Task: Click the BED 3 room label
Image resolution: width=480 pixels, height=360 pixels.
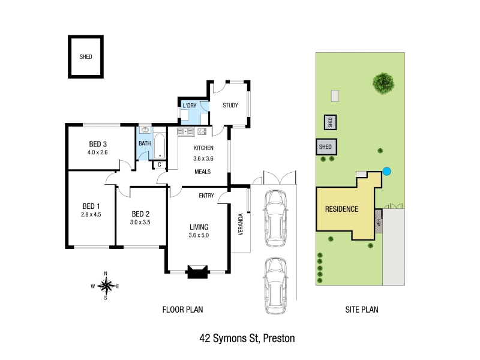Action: click(98, 144)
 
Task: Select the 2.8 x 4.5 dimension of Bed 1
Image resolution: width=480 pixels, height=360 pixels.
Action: click(91, 215)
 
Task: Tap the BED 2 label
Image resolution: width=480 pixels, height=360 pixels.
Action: click(140, 214)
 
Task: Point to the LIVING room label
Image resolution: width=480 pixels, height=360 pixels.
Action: click(199, 227)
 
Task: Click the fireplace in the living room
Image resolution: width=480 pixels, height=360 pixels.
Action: click(197, 272)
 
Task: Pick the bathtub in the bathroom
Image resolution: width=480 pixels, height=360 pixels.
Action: click(159, 146)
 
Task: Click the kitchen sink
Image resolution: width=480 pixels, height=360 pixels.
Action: click(185, 131)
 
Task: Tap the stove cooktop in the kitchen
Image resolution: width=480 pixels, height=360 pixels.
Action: click(202, 131)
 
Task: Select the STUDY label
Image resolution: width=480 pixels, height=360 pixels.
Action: click(230, 106)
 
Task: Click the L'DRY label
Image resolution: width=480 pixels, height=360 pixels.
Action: click(190, 106)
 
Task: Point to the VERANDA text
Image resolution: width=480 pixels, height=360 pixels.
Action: click(241, 224)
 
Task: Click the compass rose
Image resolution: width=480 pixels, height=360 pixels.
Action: click(106, 286)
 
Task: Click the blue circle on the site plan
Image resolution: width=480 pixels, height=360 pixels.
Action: click(387, 172)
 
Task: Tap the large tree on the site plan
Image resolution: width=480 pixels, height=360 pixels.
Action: click(383, 83)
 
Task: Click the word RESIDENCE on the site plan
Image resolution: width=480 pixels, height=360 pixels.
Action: click(341, 209)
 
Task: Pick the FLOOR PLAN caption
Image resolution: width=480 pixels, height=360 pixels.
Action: click(183, 310)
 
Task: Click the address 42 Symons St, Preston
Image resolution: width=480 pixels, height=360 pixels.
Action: click(247, 338)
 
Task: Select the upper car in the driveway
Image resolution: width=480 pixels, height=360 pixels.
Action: click(275, 218)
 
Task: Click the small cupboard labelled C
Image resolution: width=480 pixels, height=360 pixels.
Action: click(159, 164)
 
